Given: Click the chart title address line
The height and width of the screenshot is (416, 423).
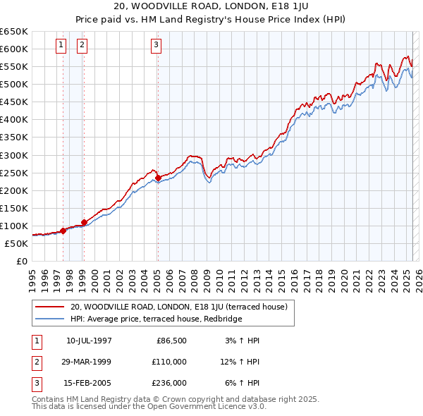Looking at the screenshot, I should pos(211,7).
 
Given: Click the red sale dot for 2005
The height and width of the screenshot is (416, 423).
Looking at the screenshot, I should pos(158,178).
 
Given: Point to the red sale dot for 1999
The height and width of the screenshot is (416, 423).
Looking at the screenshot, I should pos(84,222).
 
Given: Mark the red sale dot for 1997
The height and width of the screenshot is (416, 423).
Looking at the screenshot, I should pos(63,231).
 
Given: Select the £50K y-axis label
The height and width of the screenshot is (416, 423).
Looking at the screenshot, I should pos(17,243).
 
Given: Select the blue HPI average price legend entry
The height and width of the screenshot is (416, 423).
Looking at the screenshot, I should pos(156,319).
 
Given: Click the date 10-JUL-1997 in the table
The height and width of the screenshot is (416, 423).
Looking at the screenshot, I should pos(89,341).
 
